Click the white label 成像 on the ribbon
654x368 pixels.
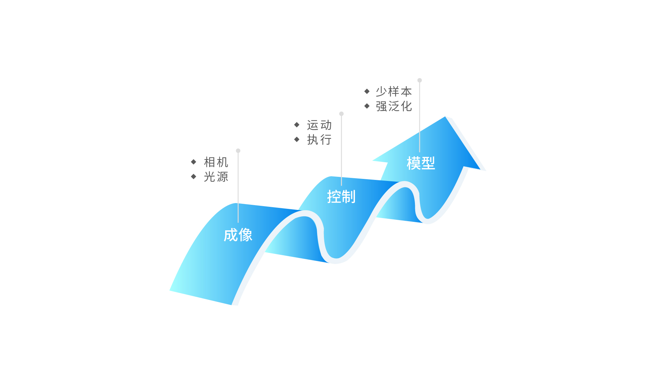click(x=238, y=235)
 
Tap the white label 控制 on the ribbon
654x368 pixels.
click(x=341, y=197)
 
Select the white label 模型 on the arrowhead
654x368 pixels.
click(x=421, y=163)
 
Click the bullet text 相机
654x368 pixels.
click(x=216, y=162)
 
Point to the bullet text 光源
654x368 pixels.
click(x=216, y=177)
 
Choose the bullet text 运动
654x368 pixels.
click(x=319, y=125)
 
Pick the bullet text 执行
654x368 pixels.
click(x=319, y=140)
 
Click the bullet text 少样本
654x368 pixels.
click(x=394, y=92)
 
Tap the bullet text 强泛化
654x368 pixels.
click(x=394, y=106)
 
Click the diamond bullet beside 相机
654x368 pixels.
click(x=193, y=162)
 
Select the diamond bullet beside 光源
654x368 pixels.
click(x=193, y=177)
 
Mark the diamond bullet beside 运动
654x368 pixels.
click(x=297, y=125)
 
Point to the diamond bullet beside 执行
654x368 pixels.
click(x=297, y=139)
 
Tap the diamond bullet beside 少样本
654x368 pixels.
click(x=367, y=91)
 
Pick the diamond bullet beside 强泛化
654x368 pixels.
click(x=367, y=106)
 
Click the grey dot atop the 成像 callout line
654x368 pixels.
click(x=238, y=151)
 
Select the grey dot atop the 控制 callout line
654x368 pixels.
click(x=341, y=114)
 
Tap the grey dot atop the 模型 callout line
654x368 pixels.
click(x=420, y=80)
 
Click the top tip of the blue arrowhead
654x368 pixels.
click(x=445, y=117)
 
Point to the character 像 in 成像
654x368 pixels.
click(x=245, y=235)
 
